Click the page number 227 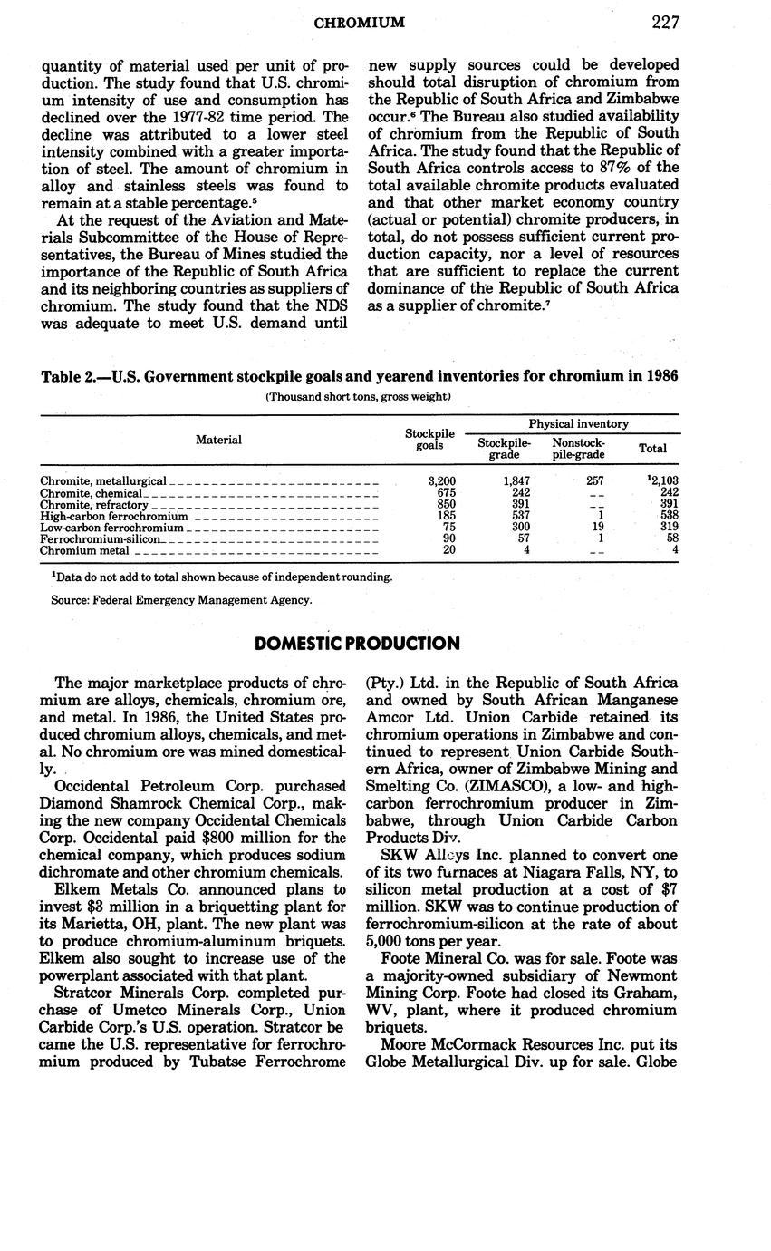664,23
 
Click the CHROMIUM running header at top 359,23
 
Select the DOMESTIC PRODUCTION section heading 357,644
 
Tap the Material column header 218,440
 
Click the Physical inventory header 579,423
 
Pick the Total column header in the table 652,448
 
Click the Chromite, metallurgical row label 104,480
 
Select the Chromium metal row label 85,549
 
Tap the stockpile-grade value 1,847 516,480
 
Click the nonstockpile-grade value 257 593,480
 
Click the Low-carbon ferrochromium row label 112,527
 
